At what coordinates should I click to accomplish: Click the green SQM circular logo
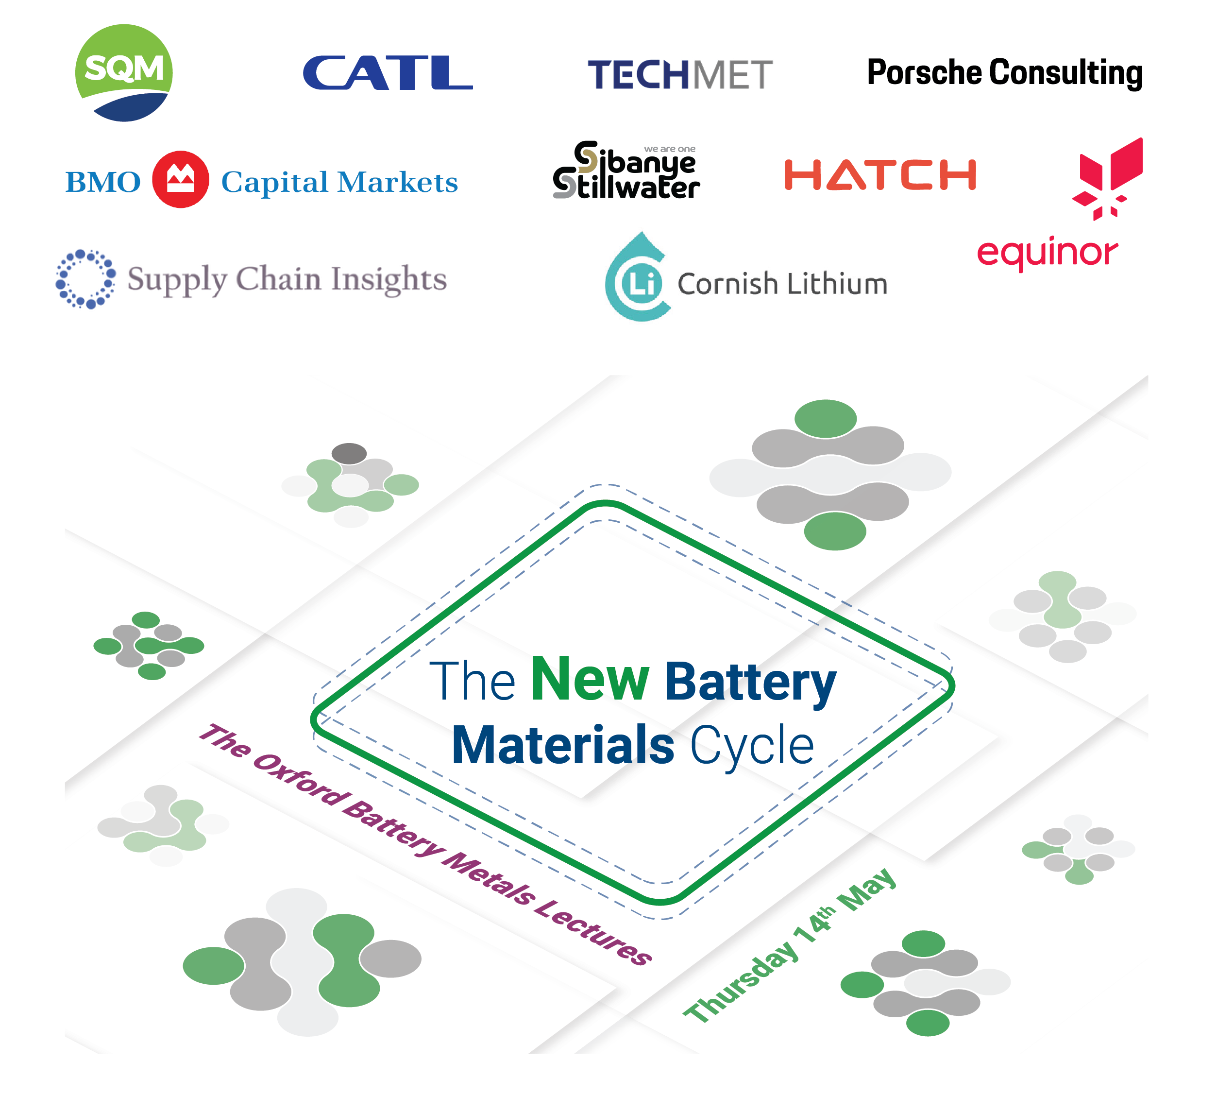pyautogui.click(x=123, y=72)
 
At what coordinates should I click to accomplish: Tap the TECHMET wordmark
pyautogui.click(x=679, y=75)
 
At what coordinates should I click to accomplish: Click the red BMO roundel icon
pyautogui.click(x=180, y=179)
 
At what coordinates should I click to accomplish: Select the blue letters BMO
pyautogui.click(x=103, y=182)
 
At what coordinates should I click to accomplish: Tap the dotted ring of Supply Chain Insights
pyautogui.click(x=85, y=278)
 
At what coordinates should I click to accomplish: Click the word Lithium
pyautogui.click(x=835, y=284)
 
